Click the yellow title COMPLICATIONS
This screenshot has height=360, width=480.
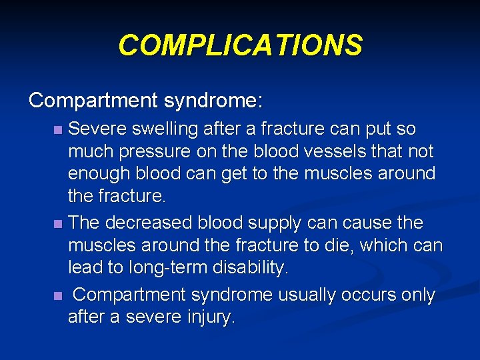[x=240, y=45]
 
